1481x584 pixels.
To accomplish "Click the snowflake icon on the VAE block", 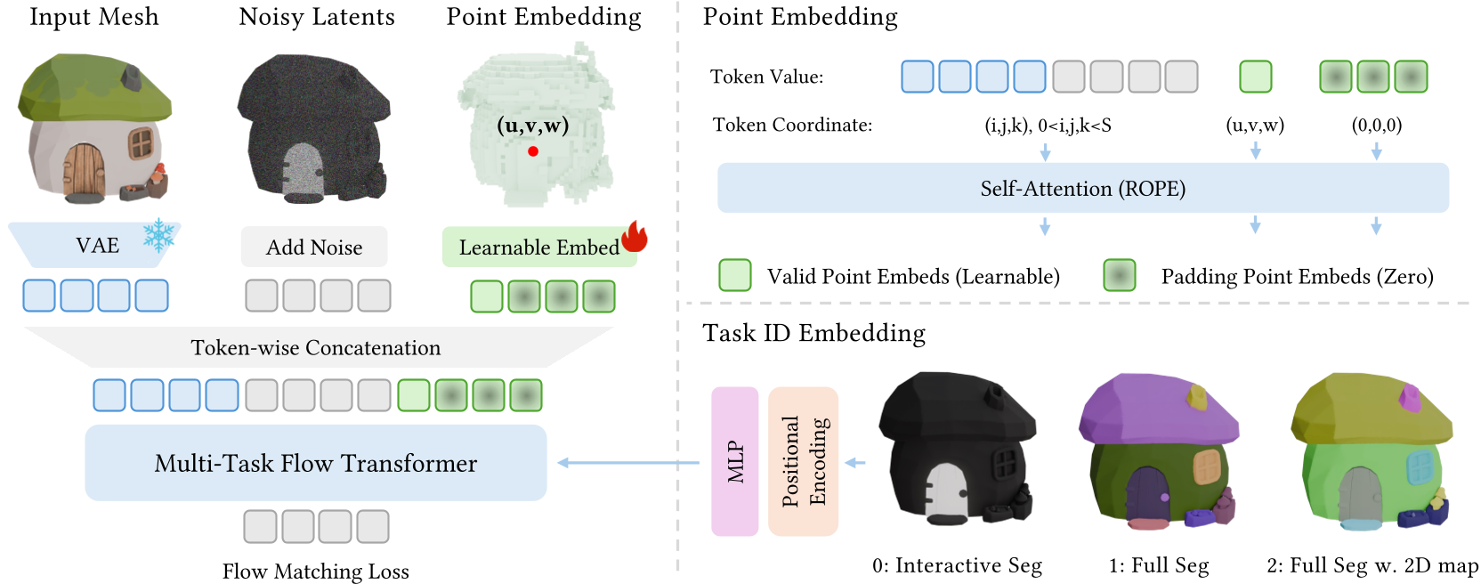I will pyautogui.click(x=159, y=235).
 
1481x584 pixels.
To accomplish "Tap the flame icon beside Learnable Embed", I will pyautogui.click(x=634, y=237).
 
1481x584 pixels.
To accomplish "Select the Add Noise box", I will pyautogui.click(x=314, y=247).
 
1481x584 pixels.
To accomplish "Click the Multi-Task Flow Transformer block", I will pyautogui.click(x=316, y=463).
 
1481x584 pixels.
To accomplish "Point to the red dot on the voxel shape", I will pyautogui.click(x=533, y=151).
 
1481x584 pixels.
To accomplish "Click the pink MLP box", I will pyautogui.click(x=735, y=461).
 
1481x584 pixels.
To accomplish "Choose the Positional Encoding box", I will pyautogui.click(x=804, y=461).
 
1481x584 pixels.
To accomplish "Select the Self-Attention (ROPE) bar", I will pyautogui.click(x=1083, y=188).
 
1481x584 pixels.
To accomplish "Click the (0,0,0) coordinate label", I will pyautogui.click(x=1376, y=125).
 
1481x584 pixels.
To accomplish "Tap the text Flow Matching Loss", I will pyautogui.click(x=316, y=571).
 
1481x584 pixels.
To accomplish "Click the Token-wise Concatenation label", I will pyautogui.click(x=316, y=348).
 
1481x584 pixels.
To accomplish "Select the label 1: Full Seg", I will pyautogui.click(x=1159, y=565).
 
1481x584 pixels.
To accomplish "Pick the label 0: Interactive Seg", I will pyautogui.click(x=957, y=565).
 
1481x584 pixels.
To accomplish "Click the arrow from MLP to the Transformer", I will pyautogui.click(x=628, y=463).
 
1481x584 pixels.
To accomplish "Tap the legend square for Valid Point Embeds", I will pyautogui.click(x=735, y=276).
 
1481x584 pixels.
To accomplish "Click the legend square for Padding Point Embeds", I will pyautogui.click(x=1120, y=276).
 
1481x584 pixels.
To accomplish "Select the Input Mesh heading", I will pyautogui.click(x=94, y=17).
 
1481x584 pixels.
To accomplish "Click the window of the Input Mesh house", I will pyautogui.click(x=141, y=142).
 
